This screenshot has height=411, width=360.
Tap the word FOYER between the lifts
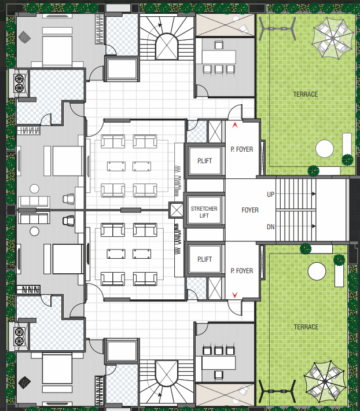[250, 210]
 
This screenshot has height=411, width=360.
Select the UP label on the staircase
[270, 195]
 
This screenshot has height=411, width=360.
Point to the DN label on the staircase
[270, 227]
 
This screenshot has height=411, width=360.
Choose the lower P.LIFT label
[204, 260]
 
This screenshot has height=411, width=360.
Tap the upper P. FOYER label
[241, 149]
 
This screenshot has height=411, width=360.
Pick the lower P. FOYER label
[241, 270]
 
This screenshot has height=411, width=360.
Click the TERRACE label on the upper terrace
[305, 94]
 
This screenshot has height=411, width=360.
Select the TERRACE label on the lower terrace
[305, 327]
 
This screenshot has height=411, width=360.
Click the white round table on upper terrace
[325, 149]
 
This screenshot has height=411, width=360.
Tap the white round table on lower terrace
[317, 271]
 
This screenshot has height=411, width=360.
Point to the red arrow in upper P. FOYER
[234, 124]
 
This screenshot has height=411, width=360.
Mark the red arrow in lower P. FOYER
[234, 296]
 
